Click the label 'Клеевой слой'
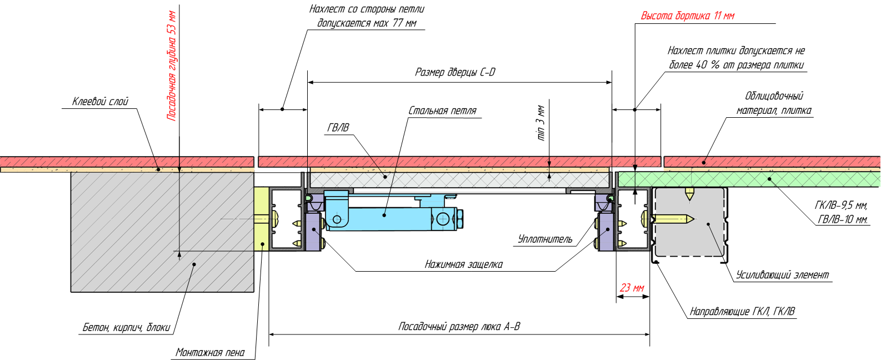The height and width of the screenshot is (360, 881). pyautogui.click(x=100, y=102)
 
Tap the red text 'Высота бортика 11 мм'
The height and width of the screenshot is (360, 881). pyautogui.click(x=688, y=16)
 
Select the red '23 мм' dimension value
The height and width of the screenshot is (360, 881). pyautogui.click(x=632, y=288)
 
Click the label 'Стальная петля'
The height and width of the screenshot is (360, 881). pyautogui.click(x=442, y=111)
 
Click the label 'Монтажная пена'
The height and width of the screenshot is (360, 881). pyautogui.click(x=210, y=353)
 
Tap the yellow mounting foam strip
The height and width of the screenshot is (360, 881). pyautogui.click(x=261, y=219)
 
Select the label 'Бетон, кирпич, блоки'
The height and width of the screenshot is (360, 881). pyautogui.click(x=126, y=327)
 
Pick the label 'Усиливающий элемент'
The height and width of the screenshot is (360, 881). pyautogui.click(x=782, y=275)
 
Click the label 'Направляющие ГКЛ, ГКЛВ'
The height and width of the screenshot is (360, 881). pyautogui.click(x=742, y=312)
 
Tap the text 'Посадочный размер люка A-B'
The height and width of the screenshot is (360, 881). pyautogui.click(x=459, y=327)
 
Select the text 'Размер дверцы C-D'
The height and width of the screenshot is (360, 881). pyautogui.click(x=455, y=72)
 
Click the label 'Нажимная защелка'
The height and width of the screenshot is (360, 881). pyautogui.click(x=463, y=264)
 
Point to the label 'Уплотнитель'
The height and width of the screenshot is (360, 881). pyautogui.click(x=545, y=239)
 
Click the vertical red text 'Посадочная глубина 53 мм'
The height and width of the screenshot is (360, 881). pyautogui.click(x=172, y=66)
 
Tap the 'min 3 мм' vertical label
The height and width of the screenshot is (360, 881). pyautogui.click(x=540, y=122)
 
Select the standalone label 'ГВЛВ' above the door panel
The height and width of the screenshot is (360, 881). pyautogui.click(x=338, y=128)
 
